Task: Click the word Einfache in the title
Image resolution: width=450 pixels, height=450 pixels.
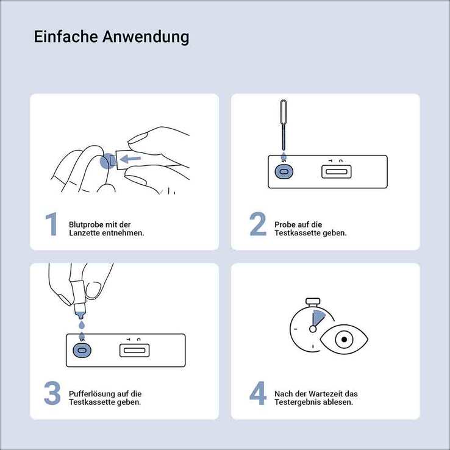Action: (66, 37)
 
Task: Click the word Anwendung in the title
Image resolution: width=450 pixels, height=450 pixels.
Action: (146, 37)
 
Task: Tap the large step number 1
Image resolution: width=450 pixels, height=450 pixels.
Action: (52, 224)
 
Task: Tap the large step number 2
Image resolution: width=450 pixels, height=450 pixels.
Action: (258, 224)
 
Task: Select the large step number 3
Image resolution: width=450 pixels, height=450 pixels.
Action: (52, 393)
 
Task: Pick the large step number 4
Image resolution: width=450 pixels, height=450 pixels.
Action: (258, 393)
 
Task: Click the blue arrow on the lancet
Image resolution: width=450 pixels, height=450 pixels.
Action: (130, 159)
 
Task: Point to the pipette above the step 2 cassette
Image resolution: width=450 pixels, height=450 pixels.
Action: (284, 124)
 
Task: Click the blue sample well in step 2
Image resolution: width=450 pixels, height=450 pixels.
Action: (284, 171)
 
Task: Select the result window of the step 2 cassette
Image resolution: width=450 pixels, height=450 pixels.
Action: (337, 172)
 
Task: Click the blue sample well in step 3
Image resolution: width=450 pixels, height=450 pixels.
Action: (82, 351)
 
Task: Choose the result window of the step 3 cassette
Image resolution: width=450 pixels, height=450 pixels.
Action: (134, 351)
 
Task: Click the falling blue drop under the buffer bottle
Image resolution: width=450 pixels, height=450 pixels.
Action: (82, 325)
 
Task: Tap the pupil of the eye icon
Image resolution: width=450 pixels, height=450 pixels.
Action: (344, 340)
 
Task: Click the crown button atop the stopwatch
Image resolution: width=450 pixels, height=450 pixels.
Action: (313, 302)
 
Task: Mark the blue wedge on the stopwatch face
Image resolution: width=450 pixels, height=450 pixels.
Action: (318, 318)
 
